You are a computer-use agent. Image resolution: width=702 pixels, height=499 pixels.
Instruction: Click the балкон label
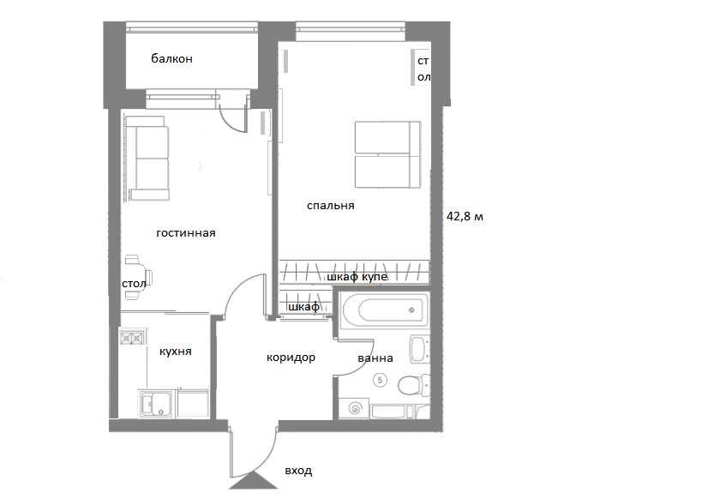point(171,58)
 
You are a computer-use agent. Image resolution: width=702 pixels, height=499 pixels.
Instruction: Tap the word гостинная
point(186,233)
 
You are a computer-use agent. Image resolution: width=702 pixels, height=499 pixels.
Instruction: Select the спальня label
point(331,206)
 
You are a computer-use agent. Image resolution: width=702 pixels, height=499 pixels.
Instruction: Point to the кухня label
point(176,352)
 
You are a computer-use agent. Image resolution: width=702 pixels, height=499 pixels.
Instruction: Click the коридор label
point(291,358)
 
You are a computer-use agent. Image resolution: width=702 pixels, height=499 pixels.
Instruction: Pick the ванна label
point(375,358)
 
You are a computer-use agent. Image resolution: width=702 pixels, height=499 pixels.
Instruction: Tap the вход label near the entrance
point(298,472)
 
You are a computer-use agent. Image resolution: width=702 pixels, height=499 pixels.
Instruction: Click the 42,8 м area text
point(465,217)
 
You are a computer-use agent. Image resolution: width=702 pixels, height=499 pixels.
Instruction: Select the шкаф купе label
point(357,277)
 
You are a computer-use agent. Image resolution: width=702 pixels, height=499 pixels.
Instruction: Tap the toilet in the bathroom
point(412,385)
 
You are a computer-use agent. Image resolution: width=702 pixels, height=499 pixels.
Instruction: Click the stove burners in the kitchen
point(132,337)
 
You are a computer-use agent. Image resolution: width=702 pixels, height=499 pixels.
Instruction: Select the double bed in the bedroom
point(387,154)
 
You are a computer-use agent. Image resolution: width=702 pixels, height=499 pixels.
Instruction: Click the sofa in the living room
point(147,158)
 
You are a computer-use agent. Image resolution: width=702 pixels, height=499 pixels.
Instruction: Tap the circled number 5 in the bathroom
point(380,381)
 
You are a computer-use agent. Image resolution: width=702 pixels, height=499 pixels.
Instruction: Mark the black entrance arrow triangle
point(254,481)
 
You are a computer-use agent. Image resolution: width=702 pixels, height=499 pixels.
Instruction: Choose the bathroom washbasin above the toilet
point(418,349)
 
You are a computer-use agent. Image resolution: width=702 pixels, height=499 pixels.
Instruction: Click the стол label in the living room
point(134,284)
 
